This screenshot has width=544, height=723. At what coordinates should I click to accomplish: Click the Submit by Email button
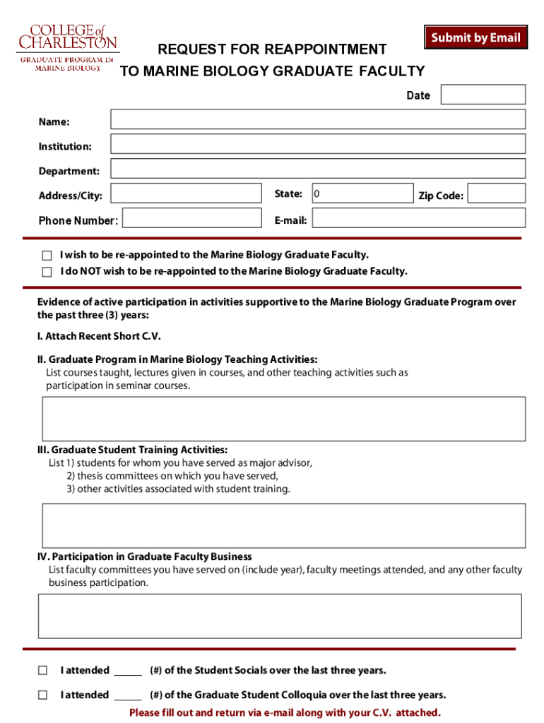pyautogui.click(x=475, y=37)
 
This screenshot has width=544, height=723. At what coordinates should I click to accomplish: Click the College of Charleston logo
pyautogui.click(x=66, y=47)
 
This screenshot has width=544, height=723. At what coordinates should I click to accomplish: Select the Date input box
pyautogui.click(x=483, y=95)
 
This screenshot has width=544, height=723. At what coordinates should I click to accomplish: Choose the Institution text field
pyautogui.click(x=318, y=144)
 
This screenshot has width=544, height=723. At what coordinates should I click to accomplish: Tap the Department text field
pyautogui.click(x=318, y=169)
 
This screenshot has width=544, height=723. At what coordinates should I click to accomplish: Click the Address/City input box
pyautogui.click(x=186, y=193)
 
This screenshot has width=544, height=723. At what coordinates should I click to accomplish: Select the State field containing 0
pyautogui.click(x=362, y=193)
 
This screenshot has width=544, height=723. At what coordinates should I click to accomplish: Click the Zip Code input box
pyautogui.click(x=497, y=193)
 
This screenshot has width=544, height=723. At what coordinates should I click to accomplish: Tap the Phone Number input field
pyautogui.click(x=191, y=218)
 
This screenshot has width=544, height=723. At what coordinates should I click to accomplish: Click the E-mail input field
pyautogui.click(x=419, y=218)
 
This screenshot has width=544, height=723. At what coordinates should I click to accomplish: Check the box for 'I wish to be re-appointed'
pyautogui.click(x=47, y=256)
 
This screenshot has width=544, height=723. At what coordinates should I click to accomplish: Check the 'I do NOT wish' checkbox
pyautogui.click(x=47, y=272)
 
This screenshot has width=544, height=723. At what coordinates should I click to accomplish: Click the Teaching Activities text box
pyautogui.click(x=284, y=419)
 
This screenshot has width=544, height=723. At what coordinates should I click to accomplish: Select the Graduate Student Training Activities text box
pyautogui.click(x=284, y=525)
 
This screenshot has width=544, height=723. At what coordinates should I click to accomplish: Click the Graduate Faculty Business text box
pyautogui.click(x=280, y=616)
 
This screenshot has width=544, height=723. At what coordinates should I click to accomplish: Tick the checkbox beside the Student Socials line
pyautogui.click(x=43, y=670)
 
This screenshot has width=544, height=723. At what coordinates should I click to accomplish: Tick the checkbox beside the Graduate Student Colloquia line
pyautogui.click(x=43, y=695)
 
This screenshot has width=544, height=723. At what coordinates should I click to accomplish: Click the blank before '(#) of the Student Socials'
pyautogui.click(x=128, y=671)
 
